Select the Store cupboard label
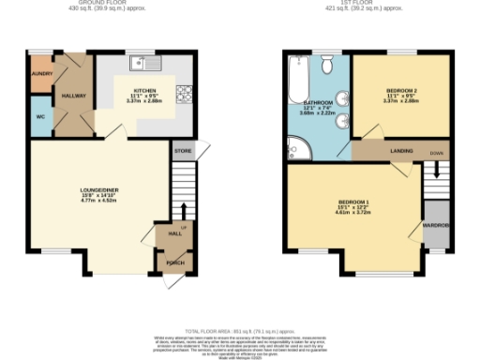tap(181, 150)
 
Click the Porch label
tap(174, 262)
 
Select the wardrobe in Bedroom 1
tap(436, 225)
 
